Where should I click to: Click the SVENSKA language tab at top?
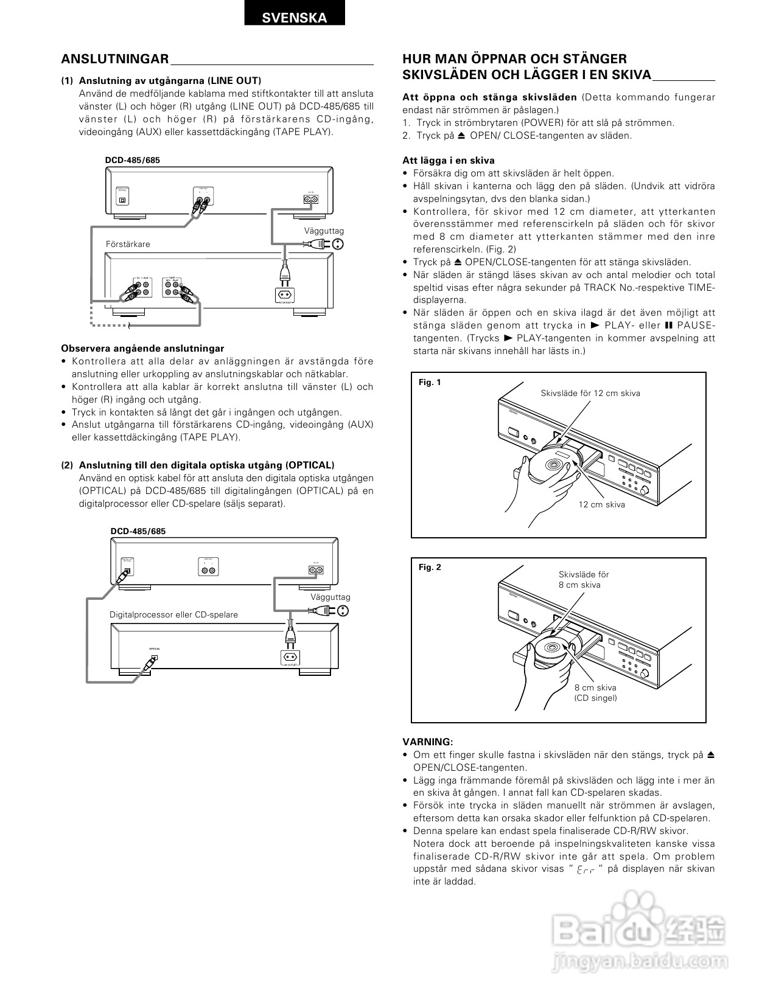click(x=295, y=18)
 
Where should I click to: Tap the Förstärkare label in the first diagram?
click(x=128, y=244)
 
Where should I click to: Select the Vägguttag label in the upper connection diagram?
click(x=324, y=231)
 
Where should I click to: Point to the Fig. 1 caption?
click(x=430, y=382)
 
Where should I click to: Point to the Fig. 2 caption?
click(x=430, y=567)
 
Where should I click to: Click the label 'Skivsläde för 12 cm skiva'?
click(x=590, y=393)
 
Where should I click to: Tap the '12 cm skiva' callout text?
click(x=601, y=504)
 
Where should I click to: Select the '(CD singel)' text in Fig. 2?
click(x=595, y=698)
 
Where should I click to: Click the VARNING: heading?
click(x=428, y=742)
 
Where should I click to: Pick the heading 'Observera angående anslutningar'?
click(x=142, y=349)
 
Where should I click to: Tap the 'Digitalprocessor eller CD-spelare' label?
click(x=173, y=614)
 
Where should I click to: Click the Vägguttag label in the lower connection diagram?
click(x=330, y=597)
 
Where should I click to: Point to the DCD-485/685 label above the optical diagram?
click(x=138, y=531)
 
